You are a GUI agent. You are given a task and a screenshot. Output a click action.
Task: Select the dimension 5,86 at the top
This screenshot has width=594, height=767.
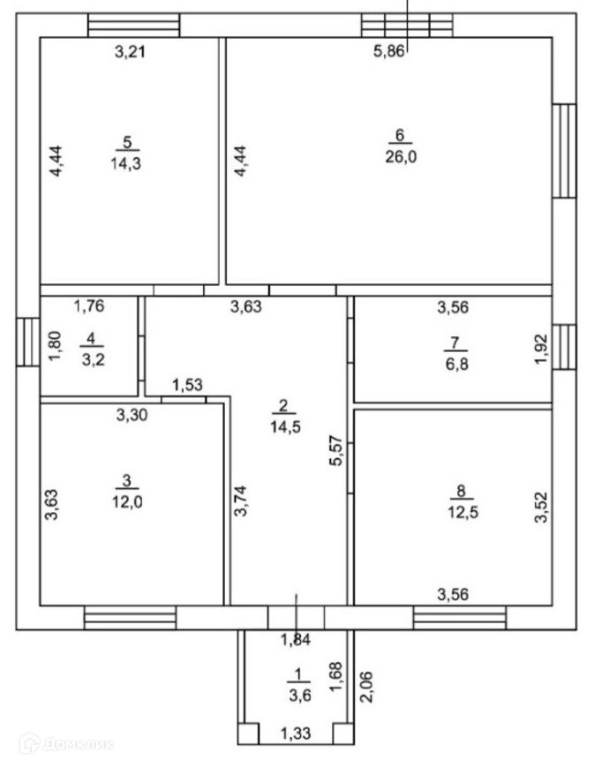coord(388,51)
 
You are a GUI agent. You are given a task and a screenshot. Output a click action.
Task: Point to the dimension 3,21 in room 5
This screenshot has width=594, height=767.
coord(130,51)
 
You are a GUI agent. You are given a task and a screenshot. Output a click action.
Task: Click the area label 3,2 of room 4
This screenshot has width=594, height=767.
coord(90,358)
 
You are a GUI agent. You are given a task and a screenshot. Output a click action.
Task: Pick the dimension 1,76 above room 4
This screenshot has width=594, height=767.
coord(89,307)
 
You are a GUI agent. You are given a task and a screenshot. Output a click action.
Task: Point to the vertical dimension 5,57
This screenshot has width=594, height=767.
coord(335,455)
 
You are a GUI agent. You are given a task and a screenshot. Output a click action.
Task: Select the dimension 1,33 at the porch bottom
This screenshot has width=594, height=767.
coord(295,733)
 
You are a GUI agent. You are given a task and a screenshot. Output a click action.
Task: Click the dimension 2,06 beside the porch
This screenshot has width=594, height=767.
coord(363,687)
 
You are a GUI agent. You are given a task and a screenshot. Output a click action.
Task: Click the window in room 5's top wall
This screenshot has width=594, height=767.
coord(133,25)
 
